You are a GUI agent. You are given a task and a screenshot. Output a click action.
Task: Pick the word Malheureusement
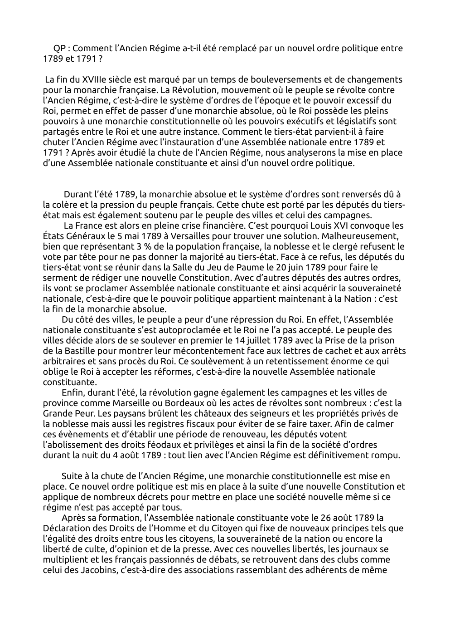tap(364, 236)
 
